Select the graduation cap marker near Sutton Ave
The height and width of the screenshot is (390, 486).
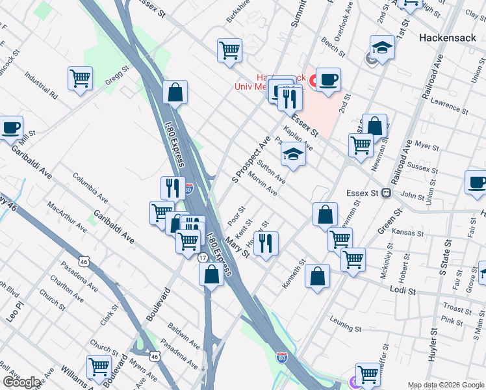[293, 155]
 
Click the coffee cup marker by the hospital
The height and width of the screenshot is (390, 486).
[328, 80]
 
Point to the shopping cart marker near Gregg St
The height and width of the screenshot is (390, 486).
[80, 79]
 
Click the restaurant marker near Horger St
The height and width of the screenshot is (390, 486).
[266, 243]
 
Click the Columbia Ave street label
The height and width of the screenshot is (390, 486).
[90, 185]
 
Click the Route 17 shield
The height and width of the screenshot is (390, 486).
[203, 258]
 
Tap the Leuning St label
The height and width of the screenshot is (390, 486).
[344, 318]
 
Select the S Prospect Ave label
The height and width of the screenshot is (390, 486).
[251, 159]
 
